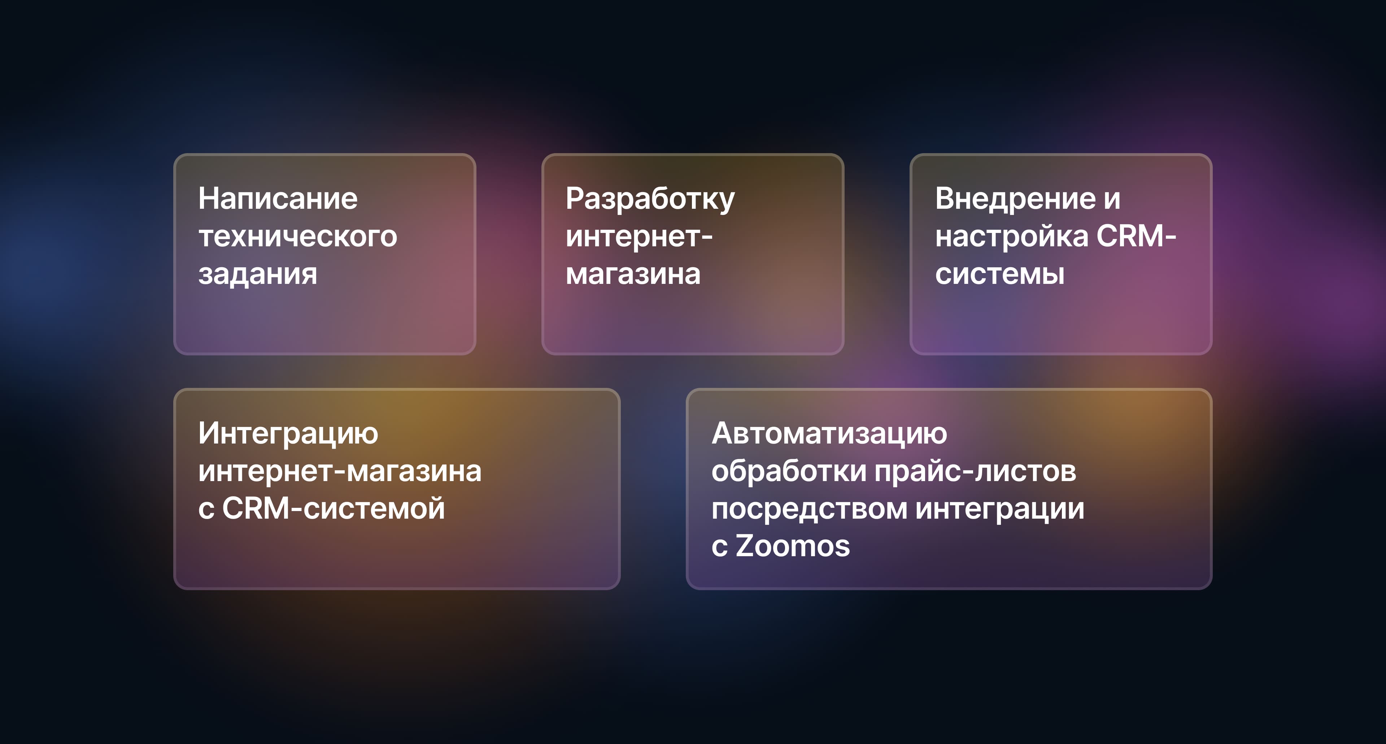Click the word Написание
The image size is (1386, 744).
[278, 198]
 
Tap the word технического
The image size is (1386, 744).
[297, 236]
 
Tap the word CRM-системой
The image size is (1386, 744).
[334, 509]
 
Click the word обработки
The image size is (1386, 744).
[789, 471]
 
